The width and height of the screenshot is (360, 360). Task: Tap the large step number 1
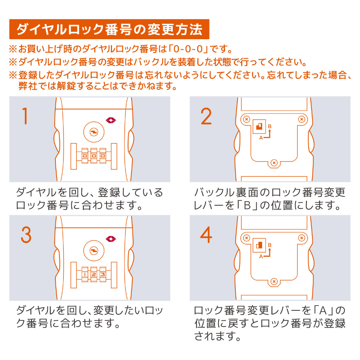pos(25,116)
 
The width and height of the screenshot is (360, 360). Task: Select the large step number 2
pos(206,116)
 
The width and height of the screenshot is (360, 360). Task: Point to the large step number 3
pos(26,235)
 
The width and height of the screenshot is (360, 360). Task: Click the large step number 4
pos(206,235)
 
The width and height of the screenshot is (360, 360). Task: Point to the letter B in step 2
pos(270,126)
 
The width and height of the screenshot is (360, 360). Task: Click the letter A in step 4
pos(261,256)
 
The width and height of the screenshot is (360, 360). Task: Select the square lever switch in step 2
pos(259,126)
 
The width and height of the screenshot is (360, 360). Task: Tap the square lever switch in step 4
pos(259,245)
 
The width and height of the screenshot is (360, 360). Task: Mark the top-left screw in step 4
pos(247,238)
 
